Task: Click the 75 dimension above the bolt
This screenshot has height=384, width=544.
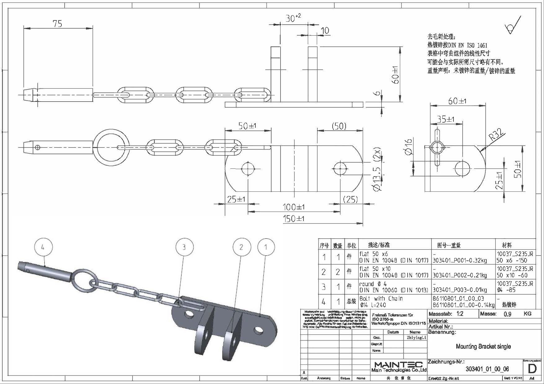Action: (58, 24)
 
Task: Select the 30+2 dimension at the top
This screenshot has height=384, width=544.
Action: (293, 18)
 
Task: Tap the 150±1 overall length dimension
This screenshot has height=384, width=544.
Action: (294, 219)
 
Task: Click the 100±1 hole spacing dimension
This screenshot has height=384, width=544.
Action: (294, 207)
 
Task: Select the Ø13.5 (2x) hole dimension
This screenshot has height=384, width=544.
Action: (378, 170)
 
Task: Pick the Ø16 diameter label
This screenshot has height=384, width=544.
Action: (409, 146)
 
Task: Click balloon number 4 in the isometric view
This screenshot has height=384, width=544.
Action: (43, 247)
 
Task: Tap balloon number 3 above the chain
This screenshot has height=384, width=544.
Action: (184, 247)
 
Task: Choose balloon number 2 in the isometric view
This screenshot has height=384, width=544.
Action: (241, 247)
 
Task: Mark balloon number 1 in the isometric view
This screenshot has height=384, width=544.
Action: (266, 247)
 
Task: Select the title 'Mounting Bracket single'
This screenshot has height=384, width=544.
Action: (483, 346)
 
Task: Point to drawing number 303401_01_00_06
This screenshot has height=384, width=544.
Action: (487, 369)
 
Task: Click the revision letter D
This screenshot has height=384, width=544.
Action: (532, 369)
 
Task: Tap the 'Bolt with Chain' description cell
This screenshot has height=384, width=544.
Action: (381, 299)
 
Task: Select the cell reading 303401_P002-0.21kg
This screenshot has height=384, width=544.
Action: (459, 275)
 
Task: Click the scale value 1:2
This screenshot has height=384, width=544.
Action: (460, 314)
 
